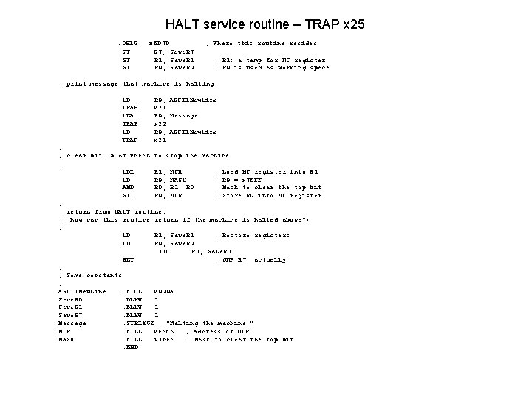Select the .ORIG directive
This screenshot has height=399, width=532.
tap(130, 44)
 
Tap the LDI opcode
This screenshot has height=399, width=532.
tap(127, 171)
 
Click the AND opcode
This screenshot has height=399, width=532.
tap(127, 188)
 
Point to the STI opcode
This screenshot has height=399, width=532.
tap(127, 196)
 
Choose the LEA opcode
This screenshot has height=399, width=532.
tap(127, 115)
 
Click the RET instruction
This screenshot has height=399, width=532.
tap(128, 260)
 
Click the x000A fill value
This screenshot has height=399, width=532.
tap(163, 291)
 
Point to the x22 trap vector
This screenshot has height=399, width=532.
tap(159, 123)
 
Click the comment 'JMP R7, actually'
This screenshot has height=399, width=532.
tap(252, 260)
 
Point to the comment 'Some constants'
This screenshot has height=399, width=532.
tap(94, 275)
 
